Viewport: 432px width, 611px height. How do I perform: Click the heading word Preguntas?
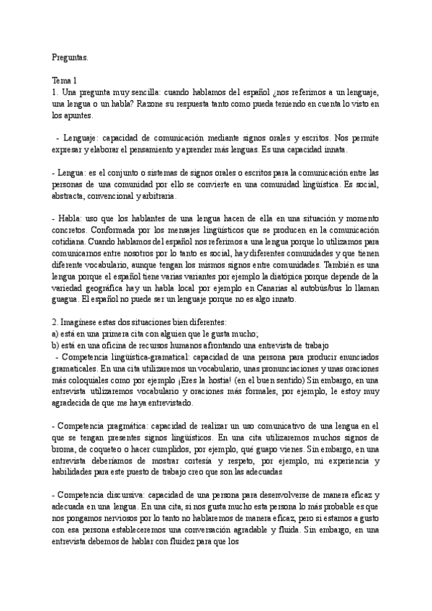click(70, 56)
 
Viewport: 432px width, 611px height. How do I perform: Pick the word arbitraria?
click(167, 195)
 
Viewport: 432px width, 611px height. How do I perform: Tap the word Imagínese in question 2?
click(81, 322)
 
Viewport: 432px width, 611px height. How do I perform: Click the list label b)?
click(56, 344)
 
